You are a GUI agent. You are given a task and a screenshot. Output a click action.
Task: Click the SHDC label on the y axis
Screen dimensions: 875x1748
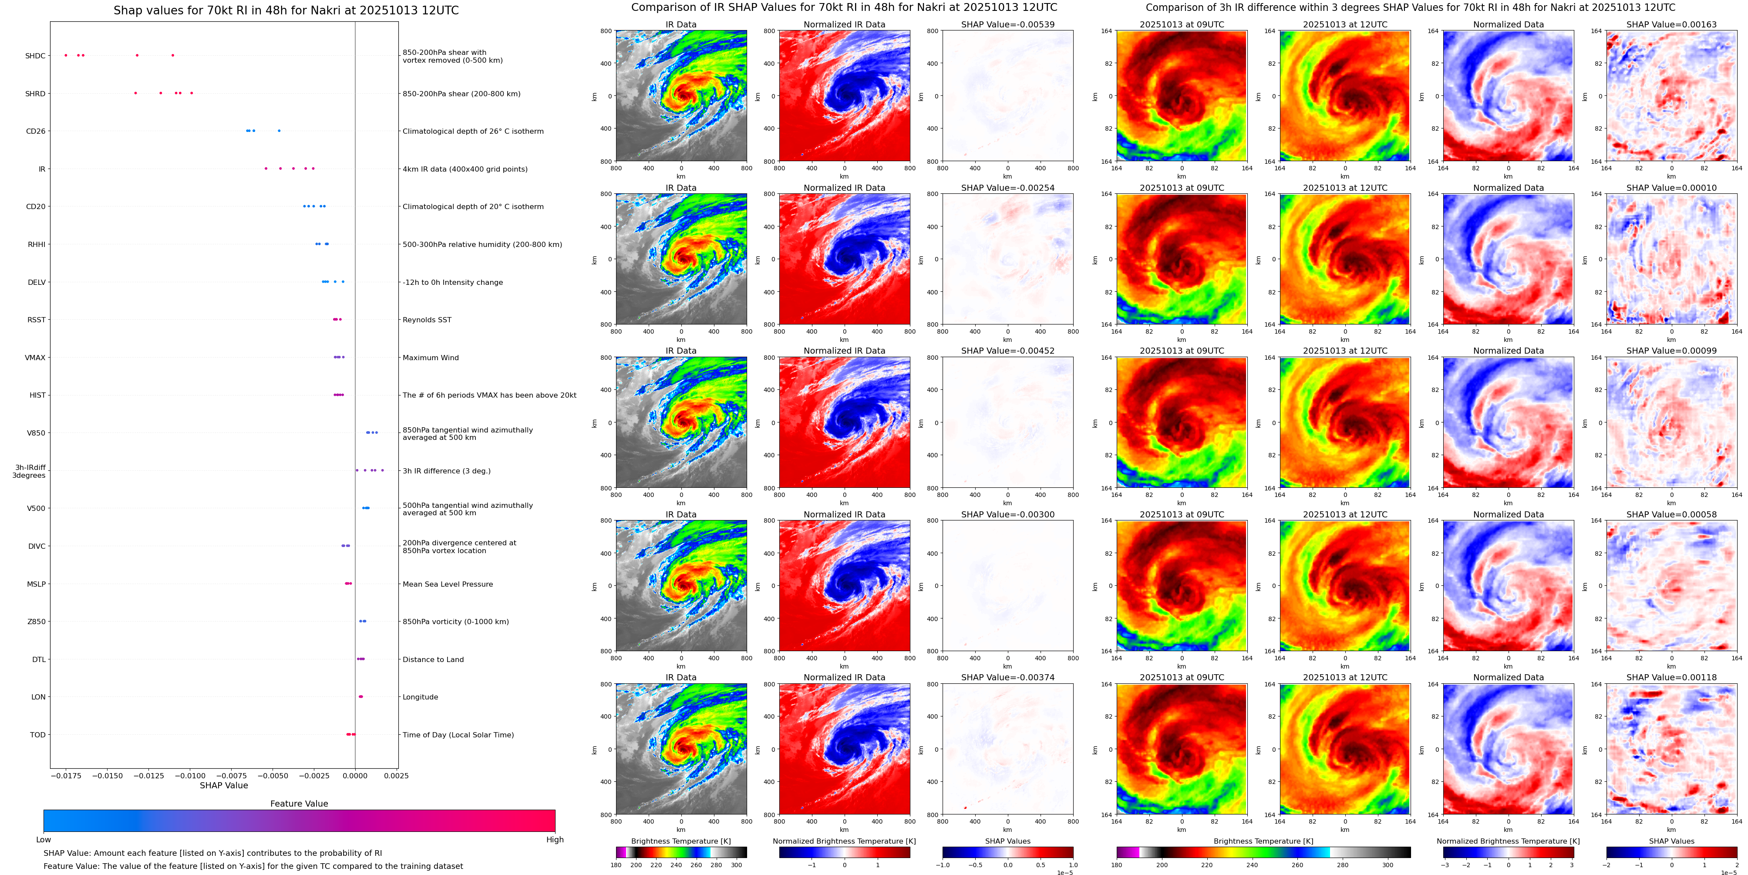click(35, 56)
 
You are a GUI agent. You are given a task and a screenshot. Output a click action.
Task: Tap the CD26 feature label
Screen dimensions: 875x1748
click(35, 131)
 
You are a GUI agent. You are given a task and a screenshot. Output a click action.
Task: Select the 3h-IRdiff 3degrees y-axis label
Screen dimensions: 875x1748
click(29, 471)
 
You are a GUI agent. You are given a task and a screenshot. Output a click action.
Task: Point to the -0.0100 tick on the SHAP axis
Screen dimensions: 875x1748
click(190, 775)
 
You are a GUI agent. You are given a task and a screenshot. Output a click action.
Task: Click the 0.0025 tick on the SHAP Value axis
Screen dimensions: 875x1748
click(396, 775)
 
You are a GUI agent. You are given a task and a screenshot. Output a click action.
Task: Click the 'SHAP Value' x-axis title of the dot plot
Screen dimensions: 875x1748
click(223, 785)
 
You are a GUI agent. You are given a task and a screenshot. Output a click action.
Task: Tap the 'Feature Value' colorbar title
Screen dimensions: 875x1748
click(299, 804)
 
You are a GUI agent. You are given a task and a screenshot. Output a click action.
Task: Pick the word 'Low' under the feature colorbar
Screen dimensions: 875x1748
click(44, 840)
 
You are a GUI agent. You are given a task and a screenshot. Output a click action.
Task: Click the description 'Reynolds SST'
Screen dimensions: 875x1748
click(426, 320)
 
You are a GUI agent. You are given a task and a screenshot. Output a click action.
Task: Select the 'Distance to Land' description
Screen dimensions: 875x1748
click(433, 659)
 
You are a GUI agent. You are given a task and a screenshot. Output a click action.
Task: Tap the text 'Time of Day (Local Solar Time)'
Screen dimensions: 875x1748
click(458, 734)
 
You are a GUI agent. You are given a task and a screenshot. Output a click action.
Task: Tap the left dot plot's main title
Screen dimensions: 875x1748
click(286, 10)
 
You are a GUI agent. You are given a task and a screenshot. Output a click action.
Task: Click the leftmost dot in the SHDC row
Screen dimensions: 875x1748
click(66, 55)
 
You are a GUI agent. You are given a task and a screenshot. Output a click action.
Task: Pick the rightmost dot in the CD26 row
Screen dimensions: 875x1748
click(279, 130)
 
